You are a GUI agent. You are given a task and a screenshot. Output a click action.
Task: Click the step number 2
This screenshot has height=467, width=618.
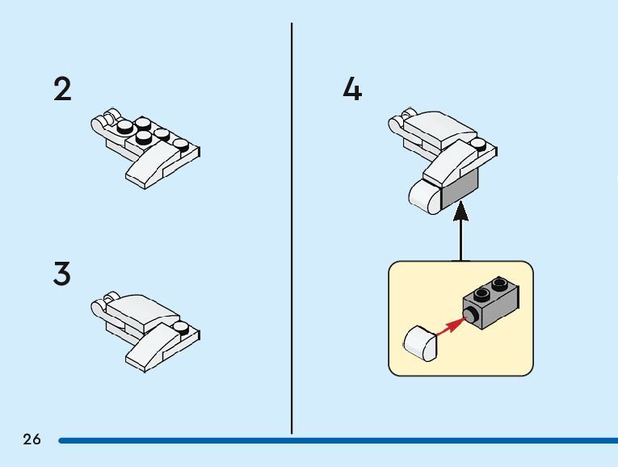point(62,89)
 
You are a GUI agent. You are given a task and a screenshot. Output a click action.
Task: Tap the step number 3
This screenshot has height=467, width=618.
point(62,275)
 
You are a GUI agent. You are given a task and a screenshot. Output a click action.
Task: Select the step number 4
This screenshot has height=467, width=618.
point(352,89)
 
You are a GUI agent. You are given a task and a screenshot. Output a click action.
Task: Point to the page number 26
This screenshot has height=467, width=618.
point(32,440)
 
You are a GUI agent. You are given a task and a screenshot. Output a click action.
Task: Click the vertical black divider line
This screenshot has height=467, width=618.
point(292,226)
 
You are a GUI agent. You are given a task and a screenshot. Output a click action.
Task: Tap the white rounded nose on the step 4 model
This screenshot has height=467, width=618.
point(423,196)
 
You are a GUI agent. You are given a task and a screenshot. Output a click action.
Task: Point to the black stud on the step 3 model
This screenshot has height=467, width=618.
point(183,328)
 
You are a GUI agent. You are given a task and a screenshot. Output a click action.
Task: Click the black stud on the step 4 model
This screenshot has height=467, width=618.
point(481,146)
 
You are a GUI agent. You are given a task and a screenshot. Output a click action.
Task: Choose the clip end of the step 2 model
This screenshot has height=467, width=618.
point(101,124)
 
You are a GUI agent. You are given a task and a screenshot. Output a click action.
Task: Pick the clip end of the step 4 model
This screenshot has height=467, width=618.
point(397,124)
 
